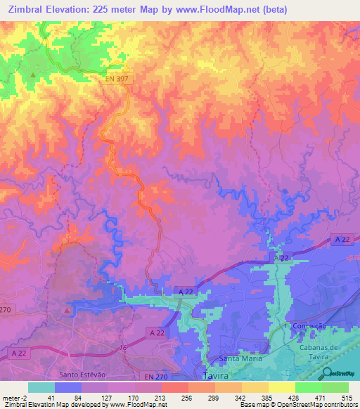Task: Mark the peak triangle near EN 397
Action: (32, 74)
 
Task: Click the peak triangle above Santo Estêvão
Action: (67, 310)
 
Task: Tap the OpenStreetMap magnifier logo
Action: (328, 374)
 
